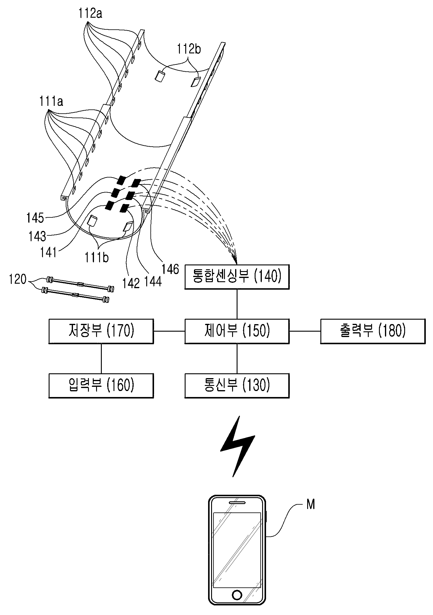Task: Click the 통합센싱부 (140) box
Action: pyautogui.click(x=237, y=276)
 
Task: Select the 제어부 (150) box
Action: pyautogui.click(x=237, y=331)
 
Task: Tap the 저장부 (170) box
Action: pyautogui.click(x=101, y=331)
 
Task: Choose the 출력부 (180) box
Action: pyautogui.click(x=373, y=331)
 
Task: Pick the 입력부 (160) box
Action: pyautogui.click(x=101, y=386)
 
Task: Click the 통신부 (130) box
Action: pyautogui.click(x=237, y=386)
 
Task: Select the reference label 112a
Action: pyautogui.click(x=90, y=14)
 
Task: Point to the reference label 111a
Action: pyautogui.click(x=51, y=102)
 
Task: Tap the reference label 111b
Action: pyautogui.click(x=96, y=257)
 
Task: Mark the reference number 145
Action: pyautogui.click(x=35, y=218)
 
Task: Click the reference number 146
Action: pyautogui.click(x=170, y=269)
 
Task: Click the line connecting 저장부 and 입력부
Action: pyautogui.click(x=101, y=358)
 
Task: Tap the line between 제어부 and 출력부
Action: pyautogui.click(x=305, y=331)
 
